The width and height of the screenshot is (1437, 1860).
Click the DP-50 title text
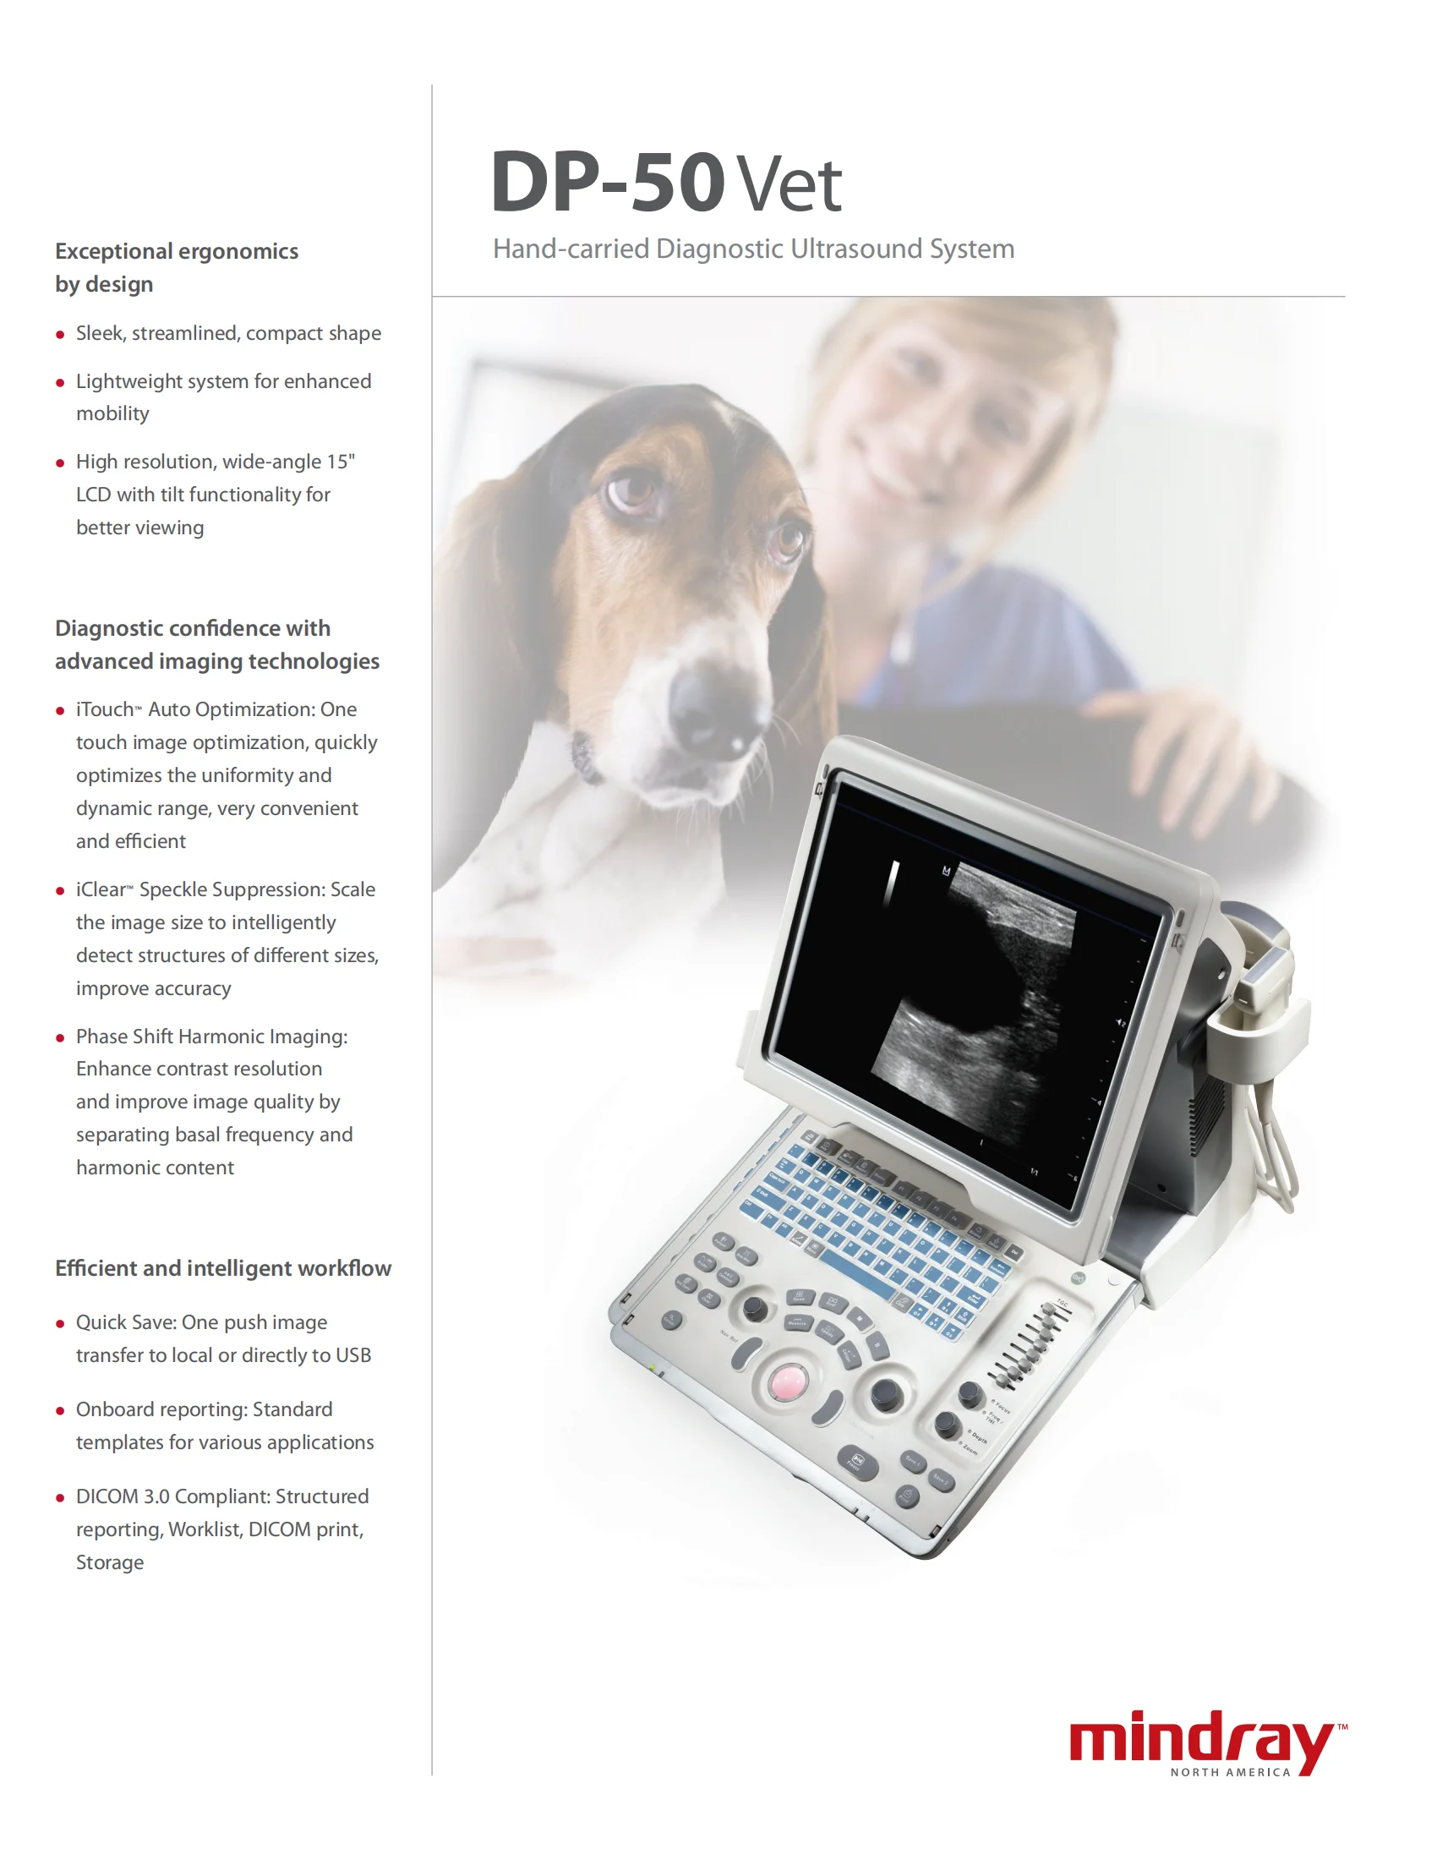606,183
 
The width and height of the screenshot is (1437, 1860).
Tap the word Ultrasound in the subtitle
855,249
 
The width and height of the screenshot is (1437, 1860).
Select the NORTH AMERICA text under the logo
1230,1772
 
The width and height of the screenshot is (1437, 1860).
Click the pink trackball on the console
787,1381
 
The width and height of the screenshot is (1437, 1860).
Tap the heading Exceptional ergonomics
176,251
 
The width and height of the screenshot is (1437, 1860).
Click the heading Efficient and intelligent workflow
223,1268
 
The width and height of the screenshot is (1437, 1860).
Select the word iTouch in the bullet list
105,709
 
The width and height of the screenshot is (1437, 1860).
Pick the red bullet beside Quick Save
59,1323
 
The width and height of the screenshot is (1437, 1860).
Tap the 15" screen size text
341,462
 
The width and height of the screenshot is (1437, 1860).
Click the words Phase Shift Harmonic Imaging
211,1037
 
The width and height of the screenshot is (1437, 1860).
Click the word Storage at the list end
110,1562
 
